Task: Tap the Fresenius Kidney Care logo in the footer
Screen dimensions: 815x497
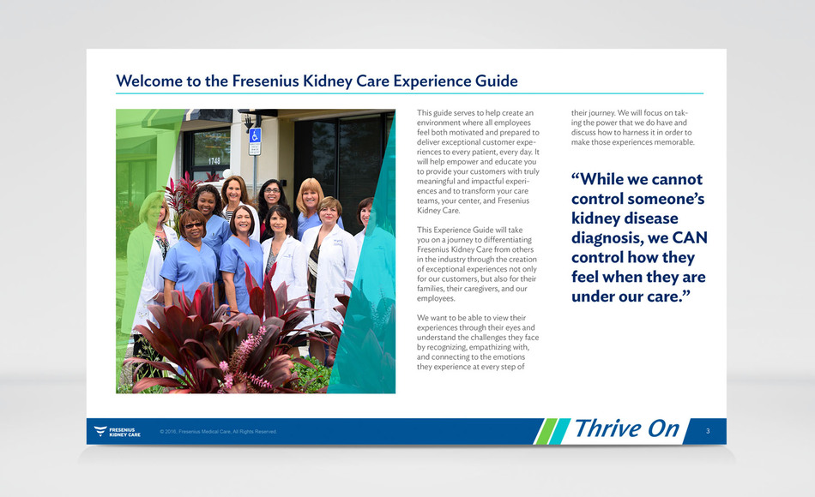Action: [x=118, y=432]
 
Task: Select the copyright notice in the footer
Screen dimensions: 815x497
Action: [x=218, y=432]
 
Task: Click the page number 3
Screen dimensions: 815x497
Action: [x=708, y=431]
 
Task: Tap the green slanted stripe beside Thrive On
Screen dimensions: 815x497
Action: [x=546, y=432]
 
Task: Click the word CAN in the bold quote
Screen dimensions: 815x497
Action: [x=690, y=238]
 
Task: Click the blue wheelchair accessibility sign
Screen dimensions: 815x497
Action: [x=255, y=135]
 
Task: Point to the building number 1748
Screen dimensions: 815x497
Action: [x=214, y=161]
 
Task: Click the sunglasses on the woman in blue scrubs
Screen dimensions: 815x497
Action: [x=192, y=225]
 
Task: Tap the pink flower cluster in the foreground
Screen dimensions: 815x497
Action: [x=244, y=358]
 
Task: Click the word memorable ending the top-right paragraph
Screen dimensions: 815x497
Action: [x=675, y=142]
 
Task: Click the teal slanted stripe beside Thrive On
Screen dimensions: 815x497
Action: [x=559, y=432]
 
